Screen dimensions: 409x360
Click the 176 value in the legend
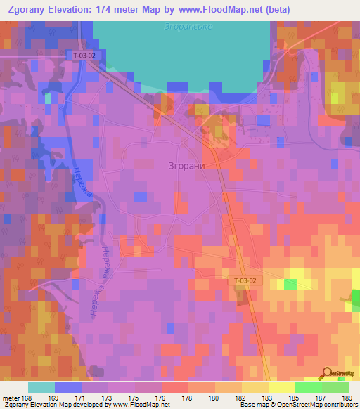point(162,398)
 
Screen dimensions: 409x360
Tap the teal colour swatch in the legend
point(41,387)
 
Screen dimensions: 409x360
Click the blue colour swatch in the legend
point(68,387)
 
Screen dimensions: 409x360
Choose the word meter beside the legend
point(11,398)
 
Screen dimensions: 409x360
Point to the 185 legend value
point(295,398)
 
